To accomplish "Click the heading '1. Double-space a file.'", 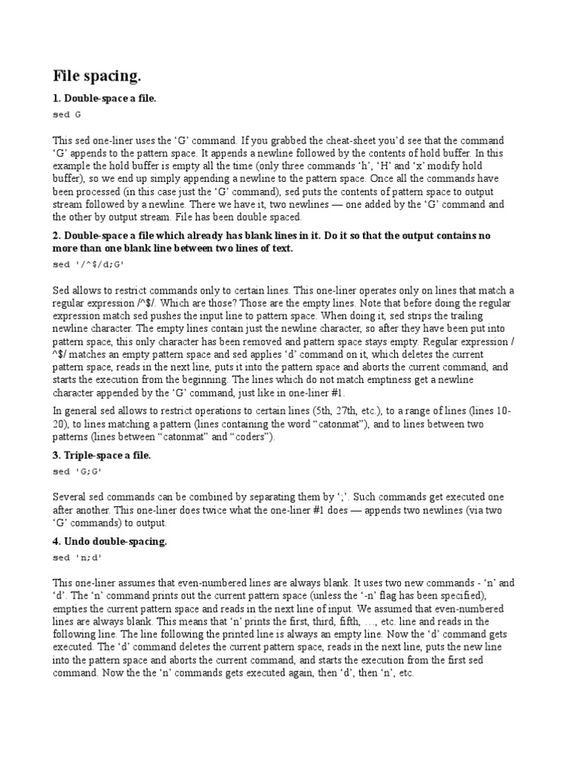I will pyautogui.click(x=104, y=99).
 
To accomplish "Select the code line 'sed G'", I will pyautogui.click(x=67, y=115).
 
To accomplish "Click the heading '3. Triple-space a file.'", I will pyautogui.click(x=102, y=455).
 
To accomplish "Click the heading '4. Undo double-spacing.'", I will pyautogui.click(x=110, y=542).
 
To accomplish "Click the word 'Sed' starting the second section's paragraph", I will pyautogui.click(x=61, y=291).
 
